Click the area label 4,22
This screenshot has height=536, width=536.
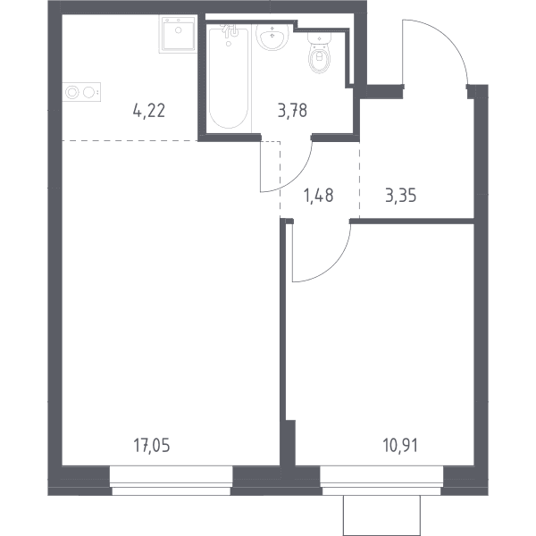pyautogui.click(x=149, y=111)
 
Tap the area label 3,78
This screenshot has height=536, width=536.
pyautogui.click(x=293, y=111)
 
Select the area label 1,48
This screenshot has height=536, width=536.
pyautogui.click(x=319, y=196)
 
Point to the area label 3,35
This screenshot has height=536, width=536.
pyautogui.click(x=400, y=196)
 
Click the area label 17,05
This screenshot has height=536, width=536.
pyautogui.click(x=152, y=446)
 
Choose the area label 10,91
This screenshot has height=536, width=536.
pyautogui.click(x=400, y=446)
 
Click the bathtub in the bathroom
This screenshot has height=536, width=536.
pyautogui.click(x=229, y=79)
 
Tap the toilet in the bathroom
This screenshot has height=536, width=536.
pyautogui.click(x=319, y=52)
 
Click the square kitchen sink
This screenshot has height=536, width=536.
pyautogui.click(x=178, y=34)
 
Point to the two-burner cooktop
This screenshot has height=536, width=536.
pyautogui.click(x=81, y=92)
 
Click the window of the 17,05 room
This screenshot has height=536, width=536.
pyautogui.click(x=172, y=481)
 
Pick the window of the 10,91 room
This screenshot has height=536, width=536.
pyautogui.click(x=381, y=481)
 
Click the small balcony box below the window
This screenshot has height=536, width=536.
pyautogui.click(x=381, y=515)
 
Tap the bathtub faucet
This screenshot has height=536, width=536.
pyautogui.click(x=230, y=31)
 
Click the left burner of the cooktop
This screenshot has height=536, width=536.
pyautogui.click(x=72, y=92)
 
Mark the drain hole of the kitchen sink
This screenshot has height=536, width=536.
pyautogui.click(x=178, y=30)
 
